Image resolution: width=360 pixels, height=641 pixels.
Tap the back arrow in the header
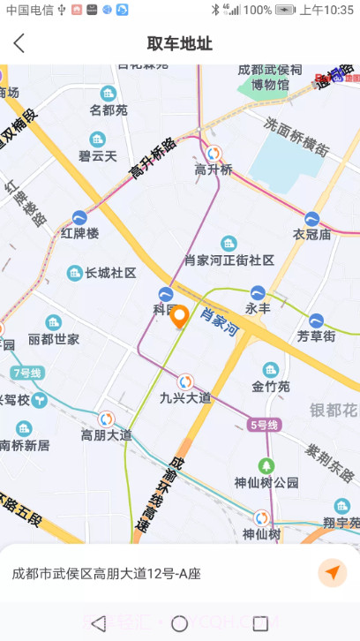coord(19,43)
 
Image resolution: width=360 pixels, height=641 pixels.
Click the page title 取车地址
coord(180,43)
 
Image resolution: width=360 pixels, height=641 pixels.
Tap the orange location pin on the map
coord(180,317)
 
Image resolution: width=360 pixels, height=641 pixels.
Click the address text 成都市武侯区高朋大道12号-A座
coord(106,573)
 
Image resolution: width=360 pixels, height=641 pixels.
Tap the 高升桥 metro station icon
coord(214,151)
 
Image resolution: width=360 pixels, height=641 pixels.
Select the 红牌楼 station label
coord(80,233)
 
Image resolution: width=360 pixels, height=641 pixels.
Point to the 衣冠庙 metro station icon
coord(312,218)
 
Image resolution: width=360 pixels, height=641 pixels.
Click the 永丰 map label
coord(258,308)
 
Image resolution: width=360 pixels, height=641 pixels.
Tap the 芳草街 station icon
coord(316,320)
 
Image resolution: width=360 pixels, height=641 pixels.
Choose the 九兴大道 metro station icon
coord(185,381)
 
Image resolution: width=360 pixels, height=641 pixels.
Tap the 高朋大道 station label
coord(106,434)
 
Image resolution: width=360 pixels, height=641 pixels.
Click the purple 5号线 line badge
coord(264,426)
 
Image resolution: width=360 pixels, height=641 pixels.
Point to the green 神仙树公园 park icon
coord(266,465)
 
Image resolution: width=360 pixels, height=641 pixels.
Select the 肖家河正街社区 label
coord(229,260)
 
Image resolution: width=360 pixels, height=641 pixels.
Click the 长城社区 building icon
coord(76,273)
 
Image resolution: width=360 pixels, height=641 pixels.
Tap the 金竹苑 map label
coord(270,386)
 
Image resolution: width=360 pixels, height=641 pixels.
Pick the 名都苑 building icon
coord(109,94)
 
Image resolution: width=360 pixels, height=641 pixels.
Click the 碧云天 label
coord(97,155)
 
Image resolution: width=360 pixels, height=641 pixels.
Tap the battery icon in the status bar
coord(285,10)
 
